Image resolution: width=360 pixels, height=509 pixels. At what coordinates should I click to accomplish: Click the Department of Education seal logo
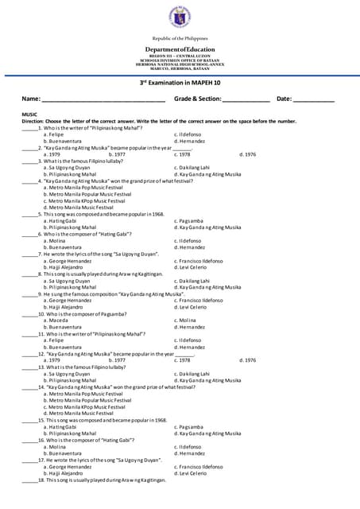tap(180, 17)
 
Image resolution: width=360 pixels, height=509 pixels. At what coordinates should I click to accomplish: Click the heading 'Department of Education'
tap(180, 49)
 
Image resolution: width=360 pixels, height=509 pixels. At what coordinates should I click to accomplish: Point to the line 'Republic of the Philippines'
tap(180, 38)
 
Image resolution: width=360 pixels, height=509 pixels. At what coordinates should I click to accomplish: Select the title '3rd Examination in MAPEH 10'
tap(180, 82)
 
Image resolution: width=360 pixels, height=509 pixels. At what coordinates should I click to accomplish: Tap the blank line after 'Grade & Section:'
tap(246, 99)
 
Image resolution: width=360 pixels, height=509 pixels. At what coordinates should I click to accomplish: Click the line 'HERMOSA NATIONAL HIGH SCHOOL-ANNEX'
tap(180, 64)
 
